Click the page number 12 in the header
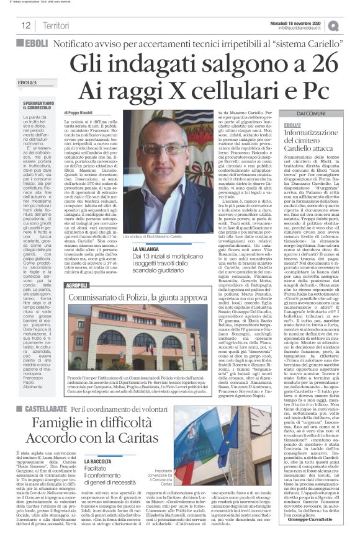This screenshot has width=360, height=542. (x=25, y=25)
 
